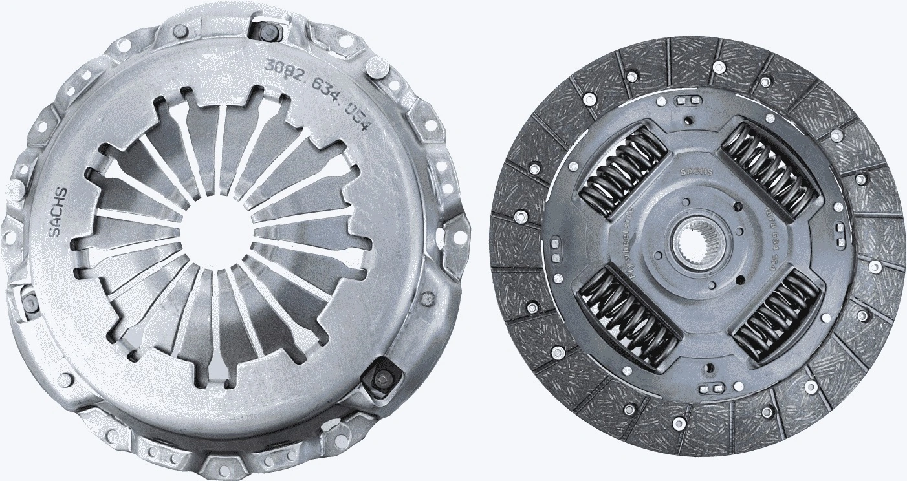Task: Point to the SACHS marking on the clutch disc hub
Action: click(697, 171)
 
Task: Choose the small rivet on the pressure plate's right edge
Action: click(428, 298)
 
